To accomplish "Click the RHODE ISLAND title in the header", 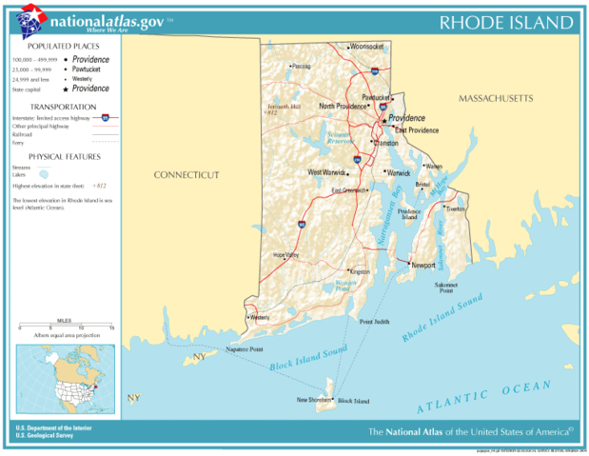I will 505,23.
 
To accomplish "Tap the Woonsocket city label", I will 365,46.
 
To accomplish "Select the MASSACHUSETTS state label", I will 496,99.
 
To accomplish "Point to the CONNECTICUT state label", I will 187,175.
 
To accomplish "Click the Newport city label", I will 422,264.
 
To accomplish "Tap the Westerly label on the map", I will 259,317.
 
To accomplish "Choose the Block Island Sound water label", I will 307,360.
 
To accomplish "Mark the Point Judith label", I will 374,322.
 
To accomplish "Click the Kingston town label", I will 360,271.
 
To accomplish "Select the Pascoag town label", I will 301,67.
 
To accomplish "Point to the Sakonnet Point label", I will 446,287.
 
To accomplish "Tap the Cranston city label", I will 385,143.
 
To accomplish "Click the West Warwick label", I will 325,172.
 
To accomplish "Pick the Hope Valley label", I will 285,254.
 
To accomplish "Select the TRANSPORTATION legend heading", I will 63,107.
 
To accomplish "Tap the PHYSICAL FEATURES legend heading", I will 63,156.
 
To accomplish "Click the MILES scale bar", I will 65,327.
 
